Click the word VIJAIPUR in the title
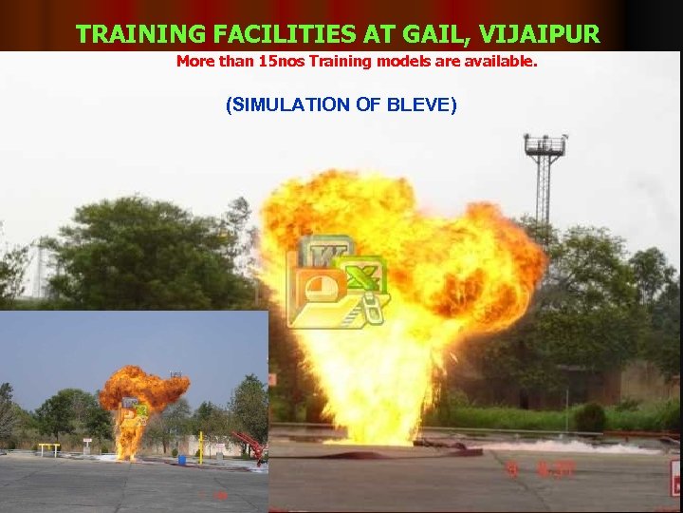click(x=540, y=34)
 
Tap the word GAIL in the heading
click(x=439, y=34)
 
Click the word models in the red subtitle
click(x=384, y=62)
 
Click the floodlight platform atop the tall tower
click(x=545, y=145)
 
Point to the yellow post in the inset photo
click(x=200, y=447)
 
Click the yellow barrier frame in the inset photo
click(x=49, y=447)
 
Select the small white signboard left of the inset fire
click(x=87, y=442)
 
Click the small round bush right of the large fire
click(x=589, y=417)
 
